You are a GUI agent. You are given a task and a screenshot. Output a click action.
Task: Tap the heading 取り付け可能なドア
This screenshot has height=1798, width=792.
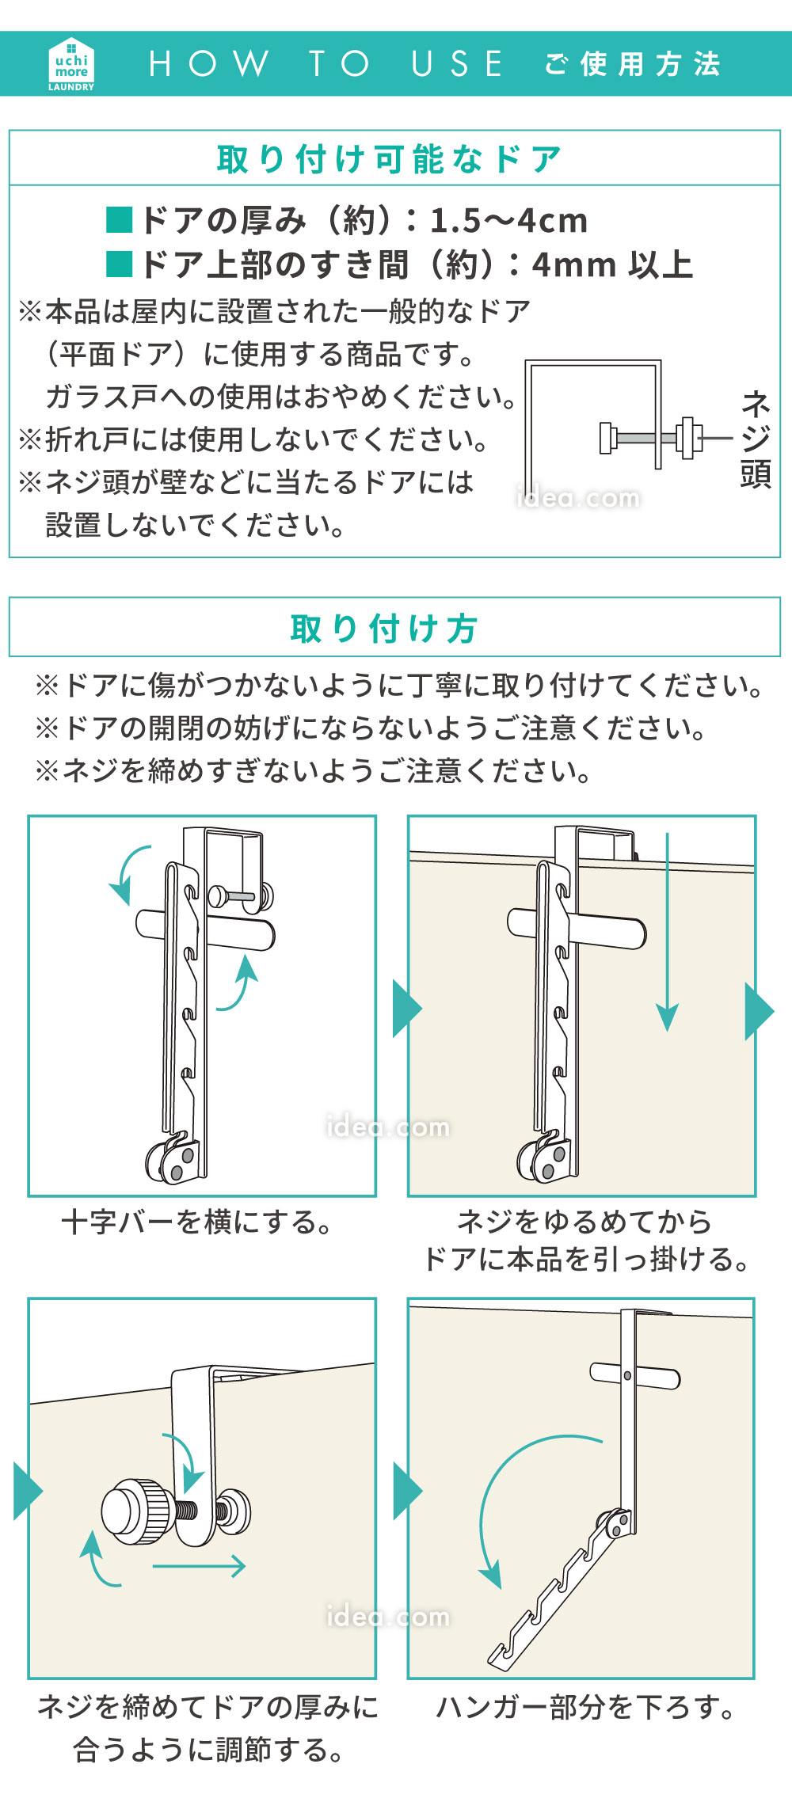(x=389, y=159)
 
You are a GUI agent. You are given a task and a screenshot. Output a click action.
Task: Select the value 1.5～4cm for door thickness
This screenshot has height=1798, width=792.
(x=508, y=221)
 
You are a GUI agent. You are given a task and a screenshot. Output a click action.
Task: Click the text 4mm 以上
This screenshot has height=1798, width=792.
(x=611, y=265)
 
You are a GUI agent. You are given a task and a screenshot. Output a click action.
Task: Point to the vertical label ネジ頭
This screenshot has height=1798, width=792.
(x=756, y=439)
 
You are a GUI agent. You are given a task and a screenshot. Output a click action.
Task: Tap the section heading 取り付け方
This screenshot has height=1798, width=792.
(x=384, y=629)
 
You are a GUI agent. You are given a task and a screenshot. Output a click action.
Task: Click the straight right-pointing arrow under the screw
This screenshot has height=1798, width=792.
(x=199, y=1565)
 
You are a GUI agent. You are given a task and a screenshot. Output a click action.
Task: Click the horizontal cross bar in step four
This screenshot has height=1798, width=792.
(x=634, y=1375)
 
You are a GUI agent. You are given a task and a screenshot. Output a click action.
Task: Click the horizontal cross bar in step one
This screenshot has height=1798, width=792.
(x=205, y=929)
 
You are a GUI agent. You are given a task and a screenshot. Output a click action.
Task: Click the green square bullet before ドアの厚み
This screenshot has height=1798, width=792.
(x=120, y=220)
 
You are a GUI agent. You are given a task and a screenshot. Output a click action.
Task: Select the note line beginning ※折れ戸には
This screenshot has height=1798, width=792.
(x=253, y=439)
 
